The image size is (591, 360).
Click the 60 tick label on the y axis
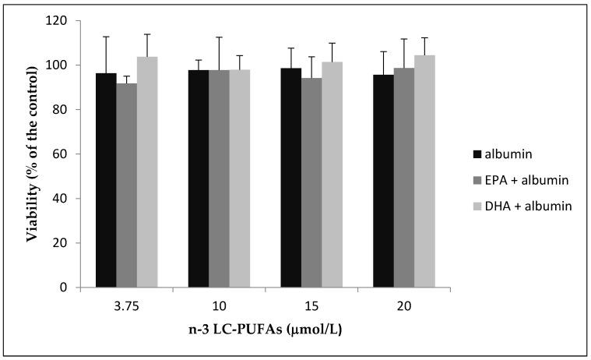[x=62, y=154]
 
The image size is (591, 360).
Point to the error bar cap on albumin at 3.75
[x=106, y=37]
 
